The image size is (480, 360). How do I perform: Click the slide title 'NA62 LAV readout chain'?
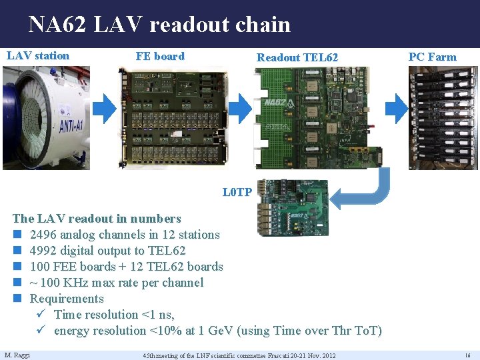pos(159,25)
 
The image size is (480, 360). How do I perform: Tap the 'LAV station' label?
pos(38,55)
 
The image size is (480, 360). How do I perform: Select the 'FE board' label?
pos(160,56)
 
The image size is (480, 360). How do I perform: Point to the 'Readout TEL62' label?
pos(297,57)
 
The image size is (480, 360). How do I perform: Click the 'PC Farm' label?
pos(432,57)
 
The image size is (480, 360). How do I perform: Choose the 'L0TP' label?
pos(237,193)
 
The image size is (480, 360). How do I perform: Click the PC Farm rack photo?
pos(443,117)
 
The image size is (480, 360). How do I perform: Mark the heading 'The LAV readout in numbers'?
pos(97,219)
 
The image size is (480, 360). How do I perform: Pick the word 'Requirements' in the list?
pos(67,299)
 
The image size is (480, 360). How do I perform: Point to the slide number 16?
pos(467,355)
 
